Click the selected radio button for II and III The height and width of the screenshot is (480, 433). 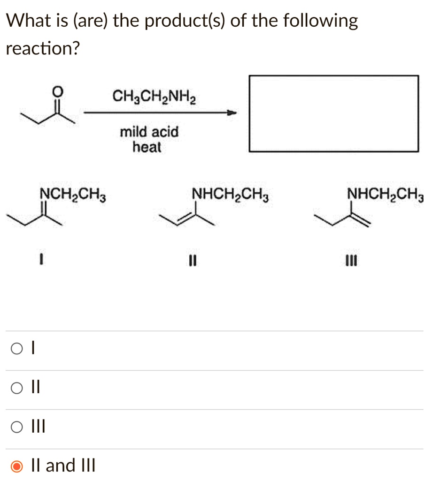[x=17, y=466]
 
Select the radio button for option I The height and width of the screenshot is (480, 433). [x=17, y=349]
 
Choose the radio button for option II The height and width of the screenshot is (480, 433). [x=17, y=388]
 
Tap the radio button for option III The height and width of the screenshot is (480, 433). [x=17, y=427]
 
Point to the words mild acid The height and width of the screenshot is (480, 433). [x=149, y=132]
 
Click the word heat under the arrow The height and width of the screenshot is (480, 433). [x=147, y=148]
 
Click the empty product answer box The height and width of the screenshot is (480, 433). [x=333, y=113]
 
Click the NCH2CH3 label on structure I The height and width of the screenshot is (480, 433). [x=73, y=194]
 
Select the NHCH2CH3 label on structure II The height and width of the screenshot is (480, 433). [x=231, y=194]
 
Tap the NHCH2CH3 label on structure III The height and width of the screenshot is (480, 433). [x=385, y=194]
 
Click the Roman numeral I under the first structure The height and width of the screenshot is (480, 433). [x=42, y=259]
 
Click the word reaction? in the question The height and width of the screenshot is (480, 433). [x=42, y=48]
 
